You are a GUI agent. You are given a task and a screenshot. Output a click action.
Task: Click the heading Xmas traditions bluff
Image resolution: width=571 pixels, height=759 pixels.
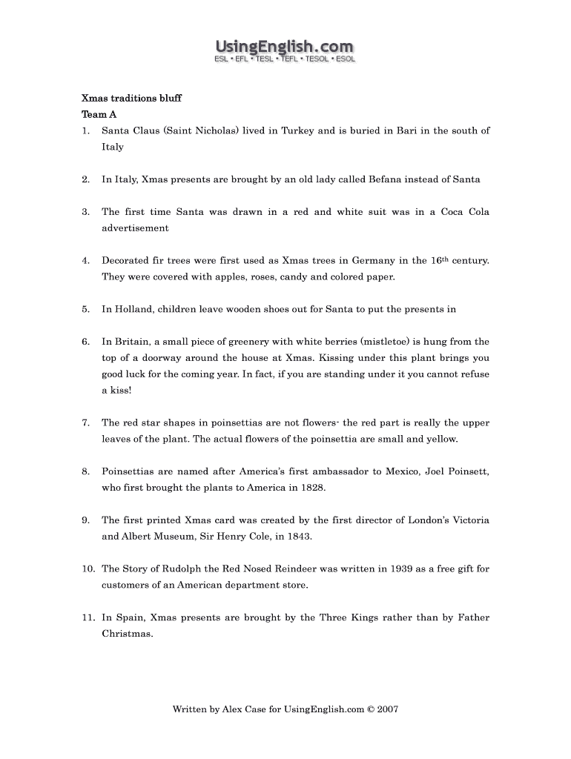131,99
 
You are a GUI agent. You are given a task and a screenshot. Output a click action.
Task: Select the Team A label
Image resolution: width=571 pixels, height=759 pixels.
99,115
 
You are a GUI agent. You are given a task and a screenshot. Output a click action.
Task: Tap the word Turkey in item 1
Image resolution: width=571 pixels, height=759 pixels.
297,131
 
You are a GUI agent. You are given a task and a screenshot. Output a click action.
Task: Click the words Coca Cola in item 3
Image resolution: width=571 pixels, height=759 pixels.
465,212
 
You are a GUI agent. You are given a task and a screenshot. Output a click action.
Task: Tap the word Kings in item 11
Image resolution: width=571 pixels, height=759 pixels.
363,617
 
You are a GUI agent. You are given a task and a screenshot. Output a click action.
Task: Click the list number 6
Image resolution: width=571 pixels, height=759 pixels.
85,342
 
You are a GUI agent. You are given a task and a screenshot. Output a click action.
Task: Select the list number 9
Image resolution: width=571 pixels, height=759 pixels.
85,520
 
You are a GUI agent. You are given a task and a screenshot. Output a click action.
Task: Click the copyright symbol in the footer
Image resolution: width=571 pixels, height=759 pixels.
371,709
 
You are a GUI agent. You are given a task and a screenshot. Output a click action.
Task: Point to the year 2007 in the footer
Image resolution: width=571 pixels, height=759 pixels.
388,709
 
